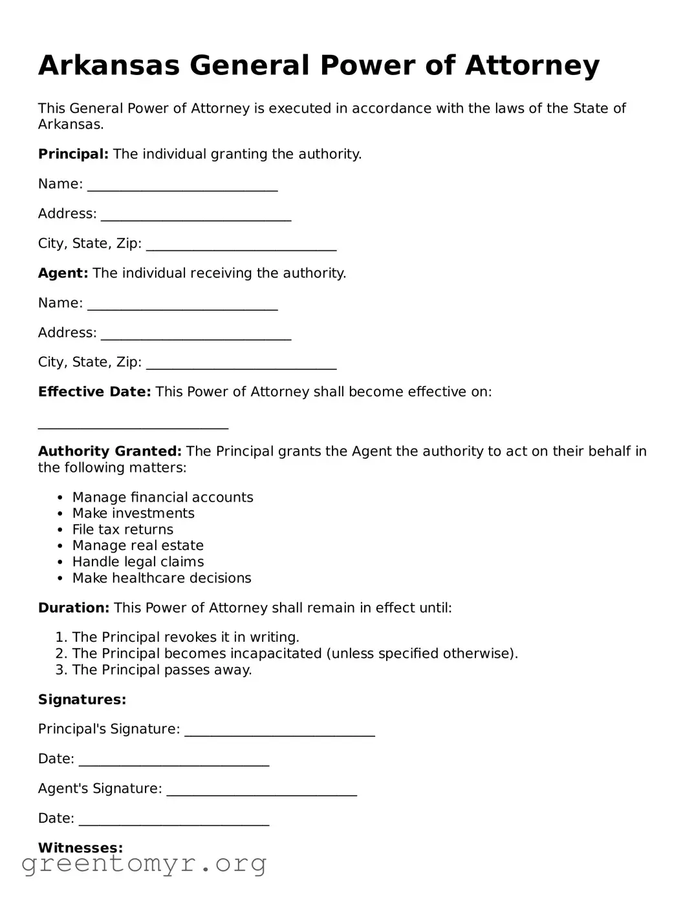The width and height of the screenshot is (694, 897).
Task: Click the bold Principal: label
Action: pyautogui.click(x=73, y=154)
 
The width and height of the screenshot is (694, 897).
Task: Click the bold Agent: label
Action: pyautogui.click(x=63, y=273)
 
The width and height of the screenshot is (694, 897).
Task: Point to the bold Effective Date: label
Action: pyautogui.click(x=94, y=392)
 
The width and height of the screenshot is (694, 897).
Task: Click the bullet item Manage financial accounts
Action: pyautogui.click(x=162, y=498)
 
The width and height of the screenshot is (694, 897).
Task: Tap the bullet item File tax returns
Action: pyautogui.click(x=123, y=530)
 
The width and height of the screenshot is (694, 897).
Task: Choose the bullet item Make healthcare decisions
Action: pyautogui.click(x=162, y=578)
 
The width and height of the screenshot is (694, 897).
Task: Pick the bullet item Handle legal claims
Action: pyautogui.click(x=138, y=562)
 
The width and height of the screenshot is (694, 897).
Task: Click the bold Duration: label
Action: pyautogui.click(x=74, y=608)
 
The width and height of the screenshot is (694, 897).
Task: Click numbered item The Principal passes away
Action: pyautogui.click(x=162, y=670)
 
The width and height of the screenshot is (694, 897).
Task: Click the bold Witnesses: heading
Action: pyautogui.click(x=80, y=848)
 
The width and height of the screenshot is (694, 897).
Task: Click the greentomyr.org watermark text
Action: pyautogui.click(x=144, y=864)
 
